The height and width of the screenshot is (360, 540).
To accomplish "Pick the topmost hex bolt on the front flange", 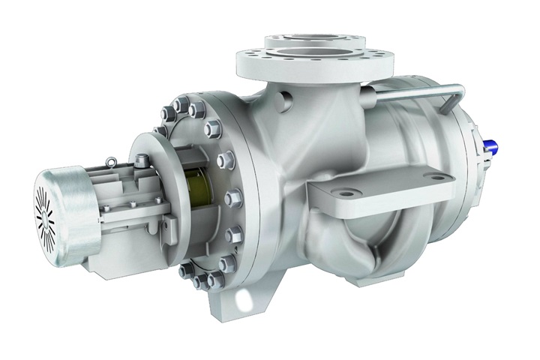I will [181, 103].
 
